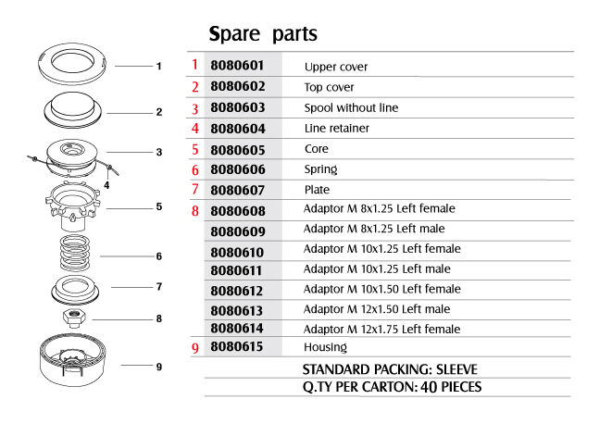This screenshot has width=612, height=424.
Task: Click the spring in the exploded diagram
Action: tap(75, 253)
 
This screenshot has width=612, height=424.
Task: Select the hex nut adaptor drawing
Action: tap(75, 318)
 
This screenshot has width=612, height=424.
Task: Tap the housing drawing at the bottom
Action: tap(73, 359)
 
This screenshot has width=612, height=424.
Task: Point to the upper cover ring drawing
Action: tap(72, 64)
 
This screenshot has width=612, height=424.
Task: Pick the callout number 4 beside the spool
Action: tap(106, 185)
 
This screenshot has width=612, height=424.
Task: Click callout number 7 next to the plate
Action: tap(159, 287)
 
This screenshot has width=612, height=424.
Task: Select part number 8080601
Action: tap(237, 65)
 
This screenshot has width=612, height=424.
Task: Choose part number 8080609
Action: tap(238, 231)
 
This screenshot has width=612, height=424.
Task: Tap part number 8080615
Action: tap(236, 346)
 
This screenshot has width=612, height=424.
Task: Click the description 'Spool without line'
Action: tap(351, 107)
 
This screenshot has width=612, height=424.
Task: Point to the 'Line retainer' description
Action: tap(336, 128)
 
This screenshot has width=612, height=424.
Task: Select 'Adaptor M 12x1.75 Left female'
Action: tap(381, 330)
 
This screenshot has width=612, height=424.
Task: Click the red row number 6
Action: tap(195, 170)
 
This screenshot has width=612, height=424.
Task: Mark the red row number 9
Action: tap(195, 347)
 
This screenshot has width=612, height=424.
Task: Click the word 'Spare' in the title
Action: tap(234, 34)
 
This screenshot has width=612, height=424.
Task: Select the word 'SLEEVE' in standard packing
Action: tap(456, 369)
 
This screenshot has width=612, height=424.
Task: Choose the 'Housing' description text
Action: tap(325, 347)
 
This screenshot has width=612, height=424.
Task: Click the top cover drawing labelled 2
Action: tap(73, 109)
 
